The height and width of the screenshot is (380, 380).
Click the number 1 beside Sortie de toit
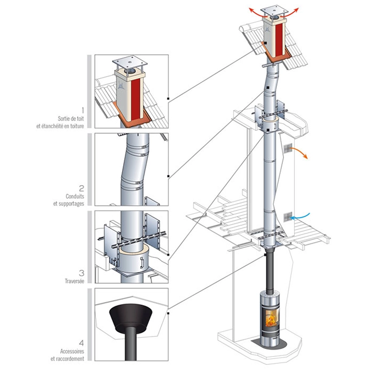point(83,111)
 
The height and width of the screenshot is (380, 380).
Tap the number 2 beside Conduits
point(81,188)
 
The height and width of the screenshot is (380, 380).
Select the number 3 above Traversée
point(81,273)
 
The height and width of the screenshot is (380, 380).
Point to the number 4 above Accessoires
point(81,343)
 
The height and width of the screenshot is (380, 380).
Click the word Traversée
point(74,281)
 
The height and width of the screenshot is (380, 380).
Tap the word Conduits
point(75,197)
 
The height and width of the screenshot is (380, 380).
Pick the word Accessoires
point(72,351)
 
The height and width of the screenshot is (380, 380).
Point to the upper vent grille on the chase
point(288,148)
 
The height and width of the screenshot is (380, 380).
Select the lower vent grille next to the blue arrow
point(288,217)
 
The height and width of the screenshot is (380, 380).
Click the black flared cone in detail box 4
point(131,319)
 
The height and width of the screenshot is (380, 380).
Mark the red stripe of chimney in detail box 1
point(136,99)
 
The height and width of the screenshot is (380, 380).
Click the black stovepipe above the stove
point(270,273)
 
